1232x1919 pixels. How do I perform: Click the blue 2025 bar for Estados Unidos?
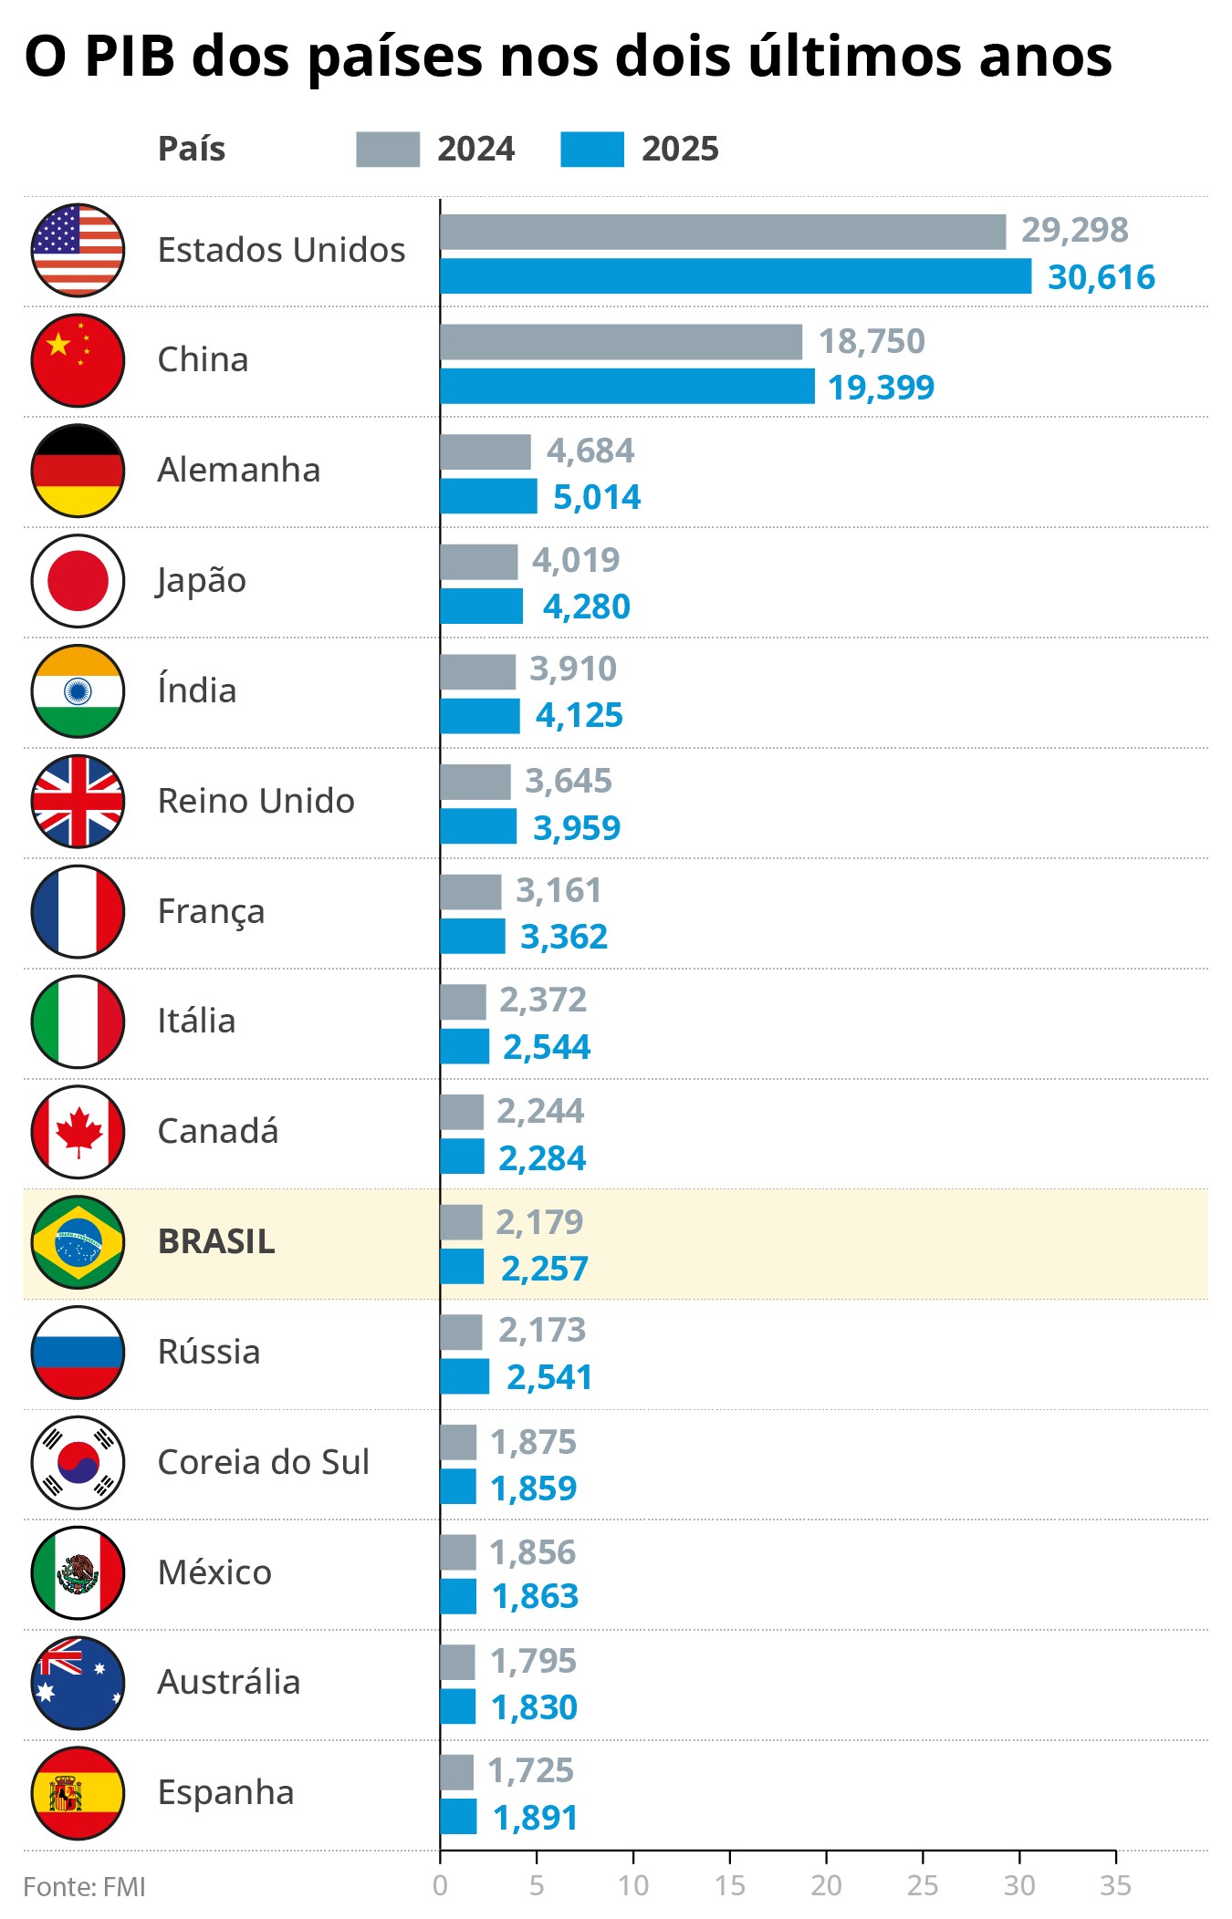(736, 276)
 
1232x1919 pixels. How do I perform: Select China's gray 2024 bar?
(621, 342)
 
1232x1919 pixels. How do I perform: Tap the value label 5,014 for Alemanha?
(597, 497)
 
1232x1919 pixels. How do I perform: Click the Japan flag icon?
(78, 581)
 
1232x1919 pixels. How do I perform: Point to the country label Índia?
(197, 690)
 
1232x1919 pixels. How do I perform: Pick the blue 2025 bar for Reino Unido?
(478, 826)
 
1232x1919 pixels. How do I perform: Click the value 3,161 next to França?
(559, 890)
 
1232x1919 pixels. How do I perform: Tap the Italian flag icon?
(78, 1022)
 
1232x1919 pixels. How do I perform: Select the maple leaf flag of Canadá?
(78, 1132)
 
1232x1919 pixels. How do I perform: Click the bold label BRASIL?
(216, 1241)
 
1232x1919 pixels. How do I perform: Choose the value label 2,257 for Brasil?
(545, 1268)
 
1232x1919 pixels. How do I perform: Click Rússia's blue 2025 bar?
(465, 1376)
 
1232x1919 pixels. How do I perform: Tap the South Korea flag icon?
(78, 1462)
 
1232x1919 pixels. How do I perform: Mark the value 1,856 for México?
(533, 1552)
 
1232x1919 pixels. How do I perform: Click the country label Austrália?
(229, 1682)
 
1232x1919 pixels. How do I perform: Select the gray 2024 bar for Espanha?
(457, 1772)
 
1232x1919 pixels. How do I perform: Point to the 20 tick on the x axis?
(826, 1886)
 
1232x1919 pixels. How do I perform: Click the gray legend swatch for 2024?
(388, 150)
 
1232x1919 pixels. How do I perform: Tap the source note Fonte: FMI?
(84, 1887)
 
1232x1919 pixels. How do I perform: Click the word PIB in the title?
(130, 57)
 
